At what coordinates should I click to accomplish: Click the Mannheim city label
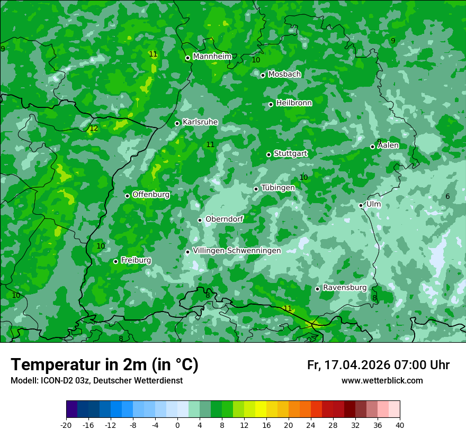tap(212, 57)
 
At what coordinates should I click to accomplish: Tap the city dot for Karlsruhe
tap(177, 123)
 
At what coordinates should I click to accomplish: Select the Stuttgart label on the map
tap(290, 153)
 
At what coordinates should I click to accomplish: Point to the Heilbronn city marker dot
tap(271, 104)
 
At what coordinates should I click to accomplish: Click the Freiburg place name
tap(136, 260)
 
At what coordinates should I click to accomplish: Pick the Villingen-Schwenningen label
tap(237, 251)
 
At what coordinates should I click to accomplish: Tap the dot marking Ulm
tap(361, 205)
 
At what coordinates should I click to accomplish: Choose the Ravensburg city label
tap(345, 288)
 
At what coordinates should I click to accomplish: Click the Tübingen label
tap(278, 188)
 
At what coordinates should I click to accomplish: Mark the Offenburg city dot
tap(127, 196)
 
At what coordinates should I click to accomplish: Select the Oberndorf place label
tap(224, 219)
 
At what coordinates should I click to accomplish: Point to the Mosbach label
tap(284, 75)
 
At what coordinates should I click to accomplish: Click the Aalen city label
tap(388, 145)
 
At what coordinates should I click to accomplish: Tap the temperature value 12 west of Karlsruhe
tap(94, 129)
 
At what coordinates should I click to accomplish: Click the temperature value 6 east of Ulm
tap(447, 197)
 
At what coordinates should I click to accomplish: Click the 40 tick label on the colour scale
tap(399, 425)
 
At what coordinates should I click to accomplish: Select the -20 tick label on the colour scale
tap(66, 425)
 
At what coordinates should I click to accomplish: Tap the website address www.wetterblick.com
tap(382, 381)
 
